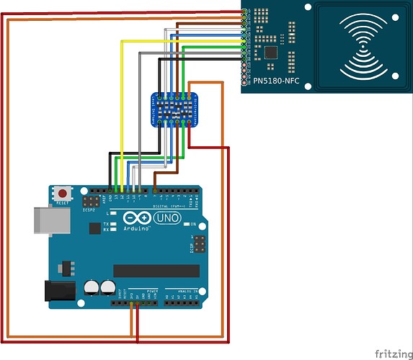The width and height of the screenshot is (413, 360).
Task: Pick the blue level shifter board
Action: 173,109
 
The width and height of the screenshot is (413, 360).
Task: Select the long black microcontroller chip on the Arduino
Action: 156,270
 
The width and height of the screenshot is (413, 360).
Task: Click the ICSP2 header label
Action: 89,211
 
